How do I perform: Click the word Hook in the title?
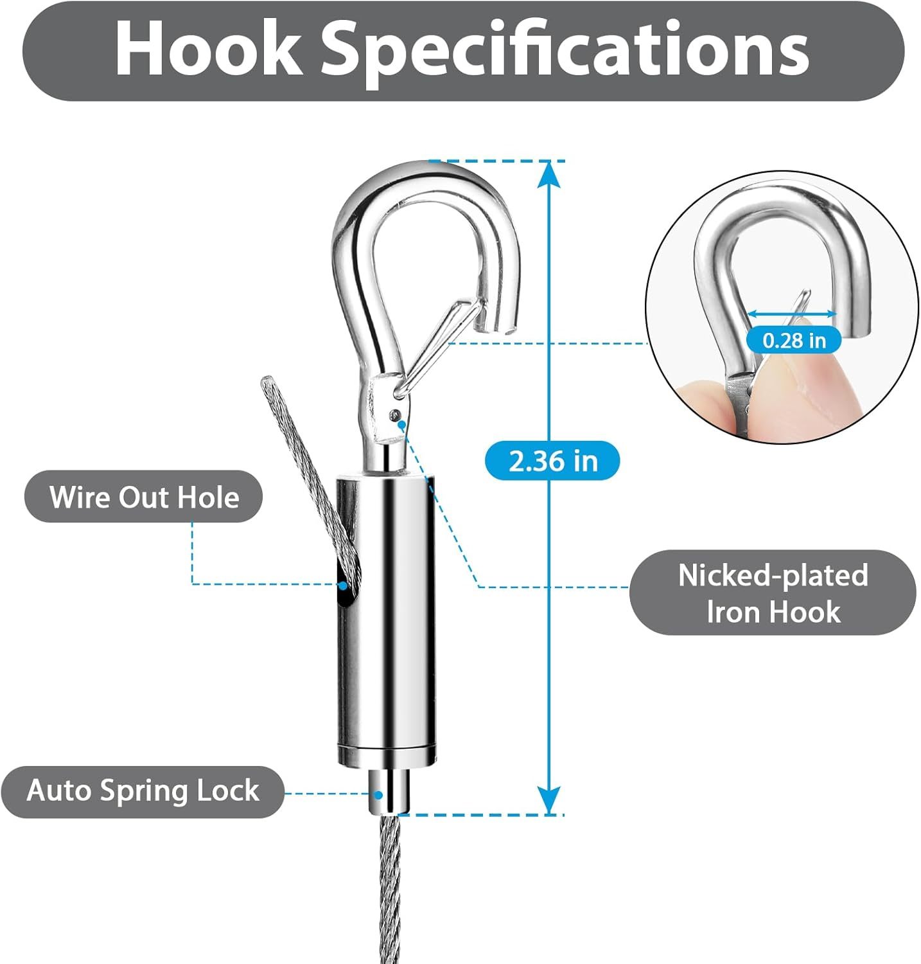[208, 49]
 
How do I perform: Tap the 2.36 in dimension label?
[553, 461]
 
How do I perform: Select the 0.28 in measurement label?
[794, 339]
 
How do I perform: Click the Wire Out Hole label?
[144, 497]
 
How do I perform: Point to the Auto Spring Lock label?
[143, 791]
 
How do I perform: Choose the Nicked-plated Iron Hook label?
[773, 593]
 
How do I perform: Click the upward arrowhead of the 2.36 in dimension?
[548, 174]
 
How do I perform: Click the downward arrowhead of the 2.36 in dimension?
[548, 800]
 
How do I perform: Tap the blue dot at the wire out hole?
[344, 585]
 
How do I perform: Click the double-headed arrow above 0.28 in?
[793, 314]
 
